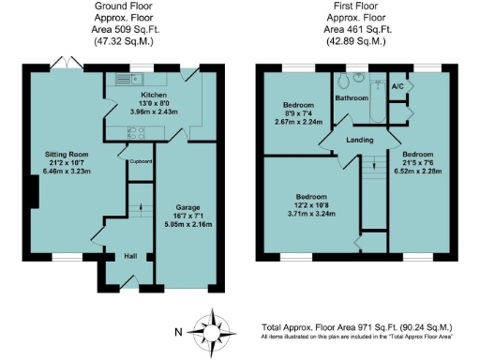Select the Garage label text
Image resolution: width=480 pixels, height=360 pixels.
pos(190,207)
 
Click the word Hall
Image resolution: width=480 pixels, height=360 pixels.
pos(131,256)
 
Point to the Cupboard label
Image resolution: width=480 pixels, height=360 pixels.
pos(142,161)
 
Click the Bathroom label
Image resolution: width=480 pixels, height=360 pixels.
pos(352,97)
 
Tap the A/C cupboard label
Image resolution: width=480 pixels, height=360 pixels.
pos(397,87)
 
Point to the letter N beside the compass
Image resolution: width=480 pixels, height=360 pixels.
pos(179,332)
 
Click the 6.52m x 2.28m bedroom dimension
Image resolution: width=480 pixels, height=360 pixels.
pos(417,171)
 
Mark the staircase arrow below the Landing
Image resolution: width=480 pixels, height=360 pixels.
pos(372,166)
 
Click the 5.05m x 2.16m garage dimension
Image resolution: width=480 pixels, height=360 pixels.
pos(190,225)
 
